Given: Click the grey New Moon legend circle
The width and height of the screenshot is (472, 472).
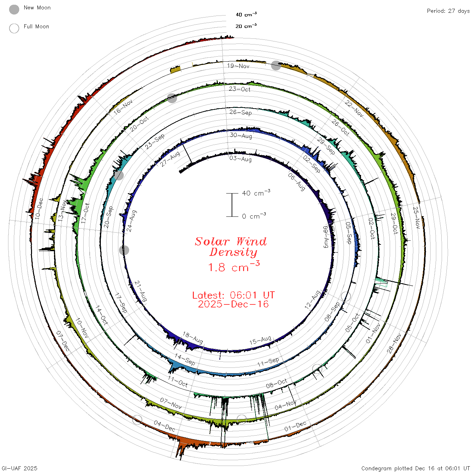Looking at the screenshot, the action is [14, 9].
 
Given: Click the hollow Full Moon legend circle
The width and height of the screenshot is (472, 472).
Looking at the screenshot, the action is [14, 28].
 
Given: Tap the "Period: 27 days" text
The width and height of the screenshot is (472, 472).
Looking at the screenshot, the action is [448, 11].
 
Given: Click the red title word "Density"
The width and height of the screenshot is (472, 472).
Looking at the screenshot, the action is [233, 252].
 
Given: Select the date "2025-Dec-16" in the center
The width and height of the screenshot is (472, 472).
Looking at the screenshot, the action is [233, 304].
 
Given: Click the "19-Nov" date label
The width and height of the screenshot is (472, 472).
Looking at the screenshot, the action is [238, 66].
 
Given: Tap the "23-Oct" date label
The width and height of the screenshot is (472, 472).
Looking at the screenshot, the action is [240, 89].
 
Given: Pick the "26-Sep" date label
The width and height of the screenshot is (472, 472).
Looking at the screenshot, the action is [240, 112].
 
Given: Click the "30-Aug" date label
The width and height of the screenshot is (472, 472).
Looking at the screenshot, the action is [241, 135].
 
